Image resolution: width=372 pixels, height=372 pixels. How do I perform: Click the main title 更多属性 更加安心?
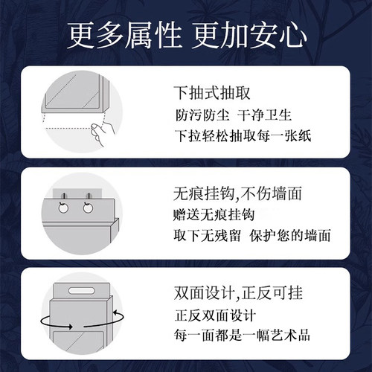click(186, 35)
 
